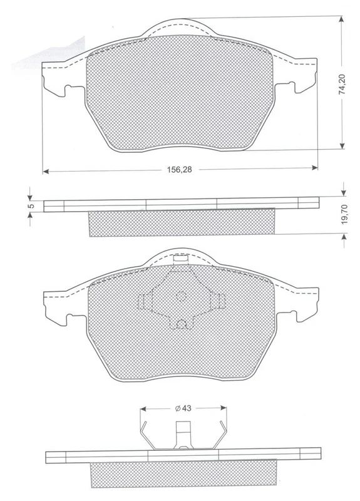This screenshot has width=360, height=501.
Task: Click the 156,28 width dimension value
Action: [x=180, y=169]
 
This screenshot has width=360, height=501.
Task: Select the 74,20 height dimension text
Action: [x=342, y=85]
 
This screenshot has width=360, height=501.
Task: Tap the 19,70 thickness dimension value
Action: [x=344, y=214]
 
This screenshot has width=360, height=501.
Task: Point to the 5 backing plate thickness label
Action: [x=31, y=206]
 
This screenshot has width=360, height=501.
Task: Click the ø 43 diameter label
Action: [x=183, y=408]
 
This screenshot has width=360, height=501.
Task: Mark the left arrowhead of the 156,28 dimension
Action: [x=46, y=172]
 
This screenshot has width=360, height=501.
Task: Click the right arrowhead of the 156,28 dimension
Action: [x=314, y=167]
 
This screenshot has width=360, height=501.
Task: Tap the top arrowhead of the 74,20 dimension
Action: [x=341, y=19]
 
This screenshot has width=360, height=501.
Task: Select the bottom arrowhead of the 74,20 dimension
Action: [x=342, y=146]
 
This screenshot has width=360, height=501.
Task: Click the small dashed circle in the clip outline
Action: [x=182, y=296]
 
